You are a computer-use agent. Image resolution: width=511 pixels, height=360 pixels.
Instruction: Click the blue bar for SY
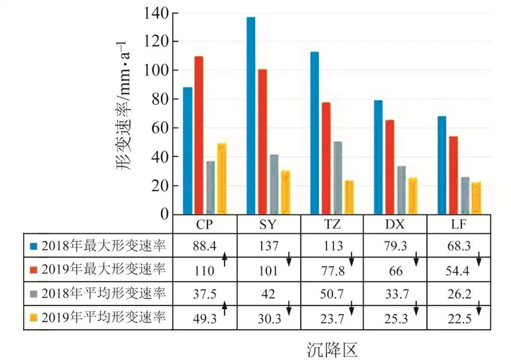pyautogui.click(x=251, y=116)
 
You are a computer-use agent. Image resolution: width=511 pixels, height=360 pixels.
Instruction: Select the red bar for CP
pyautogui.click(x=199, y=135)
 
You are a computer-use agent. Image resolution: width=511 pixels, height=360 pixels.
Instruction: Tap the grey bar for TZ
pyautogui.click(x=337, y=178)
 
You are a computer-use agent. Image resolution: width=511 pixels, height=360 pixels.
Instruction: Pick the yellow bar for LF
pyautogui.click(x=476, y=198)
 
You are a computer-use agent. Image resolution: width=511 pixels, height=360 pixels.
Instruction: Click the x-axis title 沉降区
pyautogui.click(x=331, y=350)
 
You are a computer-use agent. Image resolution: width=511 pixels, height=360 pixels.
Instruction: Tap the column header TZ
pyautogui.click(x=332, y=224)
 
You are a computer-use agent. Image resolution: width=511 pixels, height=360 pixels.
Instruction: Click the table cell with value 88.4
pyautogui.click(x=204, y=246)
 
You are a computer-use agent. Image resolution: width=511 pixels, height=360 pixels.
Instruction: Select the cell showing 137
pyautogui.click(x=268, y=246)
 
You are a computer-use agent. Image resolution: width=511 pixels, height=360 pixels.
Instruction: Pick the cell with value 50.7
pyautogui.click(x=332, y=294)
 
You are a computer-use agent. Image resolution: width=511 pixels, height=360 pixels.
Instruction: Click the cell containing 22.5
pyautogui.click(x=458, y=318)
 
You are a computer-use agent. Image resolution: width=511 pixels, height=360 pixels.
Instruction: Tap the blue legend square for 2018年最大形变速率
pyautogui.click(x=33, y=246)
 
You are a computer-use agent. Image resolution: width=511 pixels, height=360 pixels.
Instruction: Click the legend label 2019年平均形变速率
pyautogui.click(x=104, y=318)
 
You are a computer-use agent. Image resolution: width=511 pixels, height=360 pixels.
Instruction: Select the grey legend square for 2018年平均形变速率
pyautogui.click(x=33, y=294)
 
